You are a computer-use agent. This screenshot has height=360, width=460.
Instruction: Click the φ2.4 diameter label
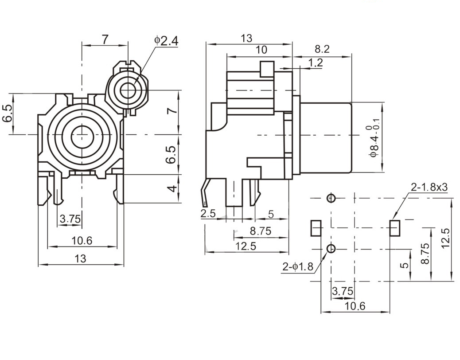coord(166,41)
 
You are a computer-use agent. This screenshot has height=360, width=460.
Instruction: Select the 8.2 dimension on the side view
coord(322,49)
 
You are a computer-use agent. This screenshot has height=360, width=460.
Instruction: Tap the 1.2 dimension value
coord(315,63)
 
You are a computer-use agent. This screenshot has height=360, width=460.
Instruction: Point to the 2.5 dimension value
coord(208,214)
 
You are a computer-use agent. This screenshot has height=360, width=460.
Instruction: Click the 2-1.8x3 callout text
coord(429,187)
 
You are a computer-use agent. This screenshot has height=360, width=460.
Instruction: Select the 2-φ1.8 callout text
coord(298,266)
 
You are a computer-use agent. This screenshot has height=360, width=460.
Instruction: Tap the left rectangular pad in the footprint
coord(316,228)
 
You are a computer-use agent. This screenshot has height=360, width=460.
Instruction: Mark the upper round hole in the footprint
coord(331,198)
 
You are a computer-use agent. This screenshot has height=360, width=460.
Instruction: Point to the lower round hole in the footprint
coord(331,248)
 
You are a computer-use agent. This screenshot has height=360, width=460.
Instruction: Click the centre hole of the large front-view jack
coord(82,134)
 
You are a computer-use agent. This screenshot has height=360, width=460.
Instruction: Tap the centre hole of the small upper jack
coord(128,90)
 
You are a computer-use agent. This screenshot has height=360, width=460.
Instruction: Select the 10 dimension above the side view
coord(261,50)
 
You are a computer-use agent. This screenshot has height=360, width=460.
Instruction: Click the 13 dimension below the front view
coord(80,258)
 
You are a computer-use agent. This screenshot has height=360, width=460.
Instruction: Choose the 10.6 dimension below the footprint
coord(355,306)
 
